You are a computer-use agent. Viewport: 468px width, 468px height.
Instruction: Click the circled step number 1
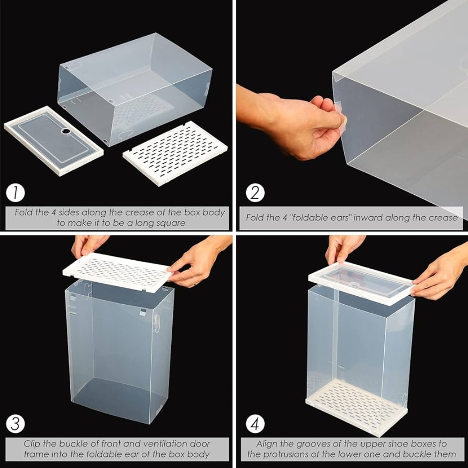click(x=15, y=192)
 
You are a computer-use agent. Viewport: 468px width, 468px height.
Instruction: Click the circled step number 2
click(x=255, y=192)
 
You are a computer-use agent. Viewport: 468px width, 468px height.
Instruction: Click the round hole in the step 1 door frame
click(x=65, y=131)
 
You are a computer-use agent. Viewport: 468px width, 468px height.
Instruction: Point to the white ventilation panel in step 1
click(x=175, y=153)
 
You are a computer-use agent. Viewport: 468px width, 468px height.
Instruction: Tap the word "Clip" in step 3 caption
click(x=32, y=444)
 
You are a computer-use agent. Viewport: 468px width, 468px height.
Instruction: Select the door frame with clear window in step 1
click(x=54, y=140)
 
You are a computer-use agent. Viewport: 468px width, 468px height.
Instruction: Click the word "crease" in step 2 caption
click(x=443, y=217)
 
